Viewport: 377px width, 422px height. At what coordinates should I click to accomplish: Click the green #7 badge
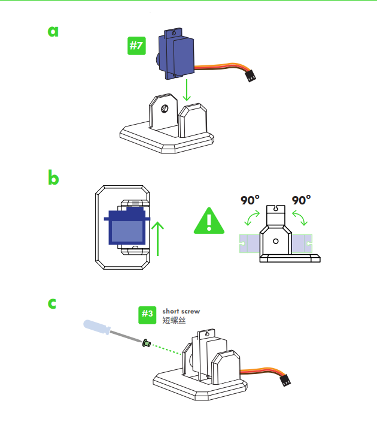tap(136, 46)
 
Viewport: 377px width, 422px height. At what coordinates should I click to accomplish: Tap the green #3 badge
tap(147, 315)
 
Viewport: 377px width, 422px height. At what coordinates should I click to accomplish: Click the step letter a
tap(53, 32)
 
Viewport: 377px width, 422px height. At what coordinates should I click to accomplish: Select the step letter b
tap(53, 177)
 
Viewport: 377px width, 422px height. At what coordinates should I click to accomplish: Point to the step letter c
tap(52, 303)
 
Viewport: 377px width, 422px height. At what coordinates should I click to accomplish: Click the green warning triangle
tap(209, 221)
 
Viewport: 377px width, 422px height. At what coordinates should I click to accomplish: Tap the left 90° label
tap(250, 200)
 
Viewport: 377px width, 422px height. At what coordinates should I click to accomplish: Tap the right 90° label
tap(301, 200)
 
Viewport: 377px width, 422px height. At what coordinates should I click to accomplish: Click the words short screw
tap(181, 311)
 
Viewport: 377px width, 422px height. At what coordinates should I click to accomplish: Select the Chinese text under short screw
tap(174, 320)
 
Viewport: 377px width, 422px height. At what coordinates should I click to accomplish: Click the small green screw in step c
tap(147, 343)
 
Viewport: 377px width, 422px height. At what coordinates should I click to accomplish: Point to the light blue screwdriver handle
tap(97, 327)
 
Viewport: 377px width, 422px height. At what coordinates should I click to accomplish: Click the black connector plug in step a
tap(251, 76)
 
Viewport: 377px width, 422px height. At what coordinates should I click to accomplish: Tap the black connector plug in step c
tap(285, 380)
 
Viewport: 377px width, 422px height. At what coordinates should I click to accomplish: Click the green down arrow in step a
tap(187, 90)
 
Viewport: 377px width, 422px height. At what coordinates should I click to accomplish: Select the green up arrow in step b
tap(157, 239)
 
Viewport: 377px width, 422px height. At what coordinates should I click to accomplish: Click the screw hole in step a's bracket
tap(164, 109)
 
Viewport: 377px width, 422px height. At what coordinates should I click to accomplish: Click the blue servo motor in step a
tap(175, 55)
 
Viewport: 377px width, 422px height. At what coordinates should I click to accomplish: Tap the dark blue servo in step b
tap(127, 226)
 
